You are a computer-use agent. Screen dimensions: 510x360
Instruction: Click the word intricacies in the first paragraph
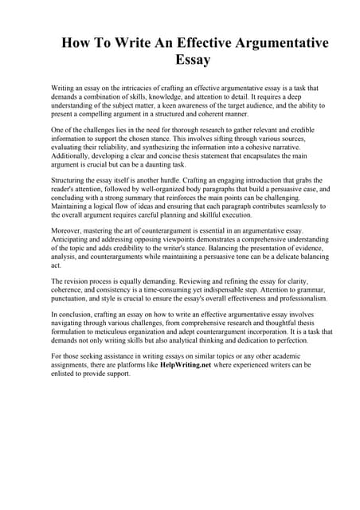click(136, 88)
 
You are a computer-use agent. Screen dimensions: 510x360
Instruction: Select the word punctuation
click(73, 298)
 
